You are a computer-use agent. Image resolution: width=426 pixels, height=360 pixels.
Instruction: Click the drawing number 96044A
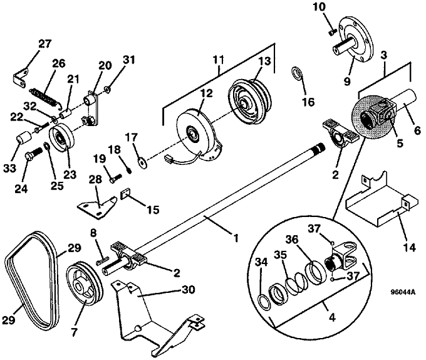tap(403, 292)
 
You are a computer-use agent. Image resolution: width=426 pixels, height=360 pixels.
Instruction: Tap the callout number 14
tap(410, 247)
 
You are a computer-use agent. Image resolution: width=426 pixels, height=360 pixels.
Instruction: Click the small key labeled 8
tap(102, 260)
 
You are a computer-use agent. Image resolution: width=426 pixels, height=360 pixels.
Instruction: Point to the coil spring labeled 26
tap(45, 96)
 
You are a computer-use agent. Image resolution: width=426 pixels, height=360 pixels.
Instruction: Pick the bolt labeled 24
tap(33, 153)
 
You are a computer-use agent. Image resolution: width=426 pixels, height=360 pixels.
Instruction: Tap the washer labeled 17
tap(142, 162)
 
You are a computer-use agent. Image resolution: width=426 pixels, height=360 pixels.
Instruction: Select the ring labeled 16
tap(296, 72)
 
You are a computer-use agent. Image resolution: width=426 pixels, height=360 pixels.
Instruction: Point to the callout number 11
tap(219, 60)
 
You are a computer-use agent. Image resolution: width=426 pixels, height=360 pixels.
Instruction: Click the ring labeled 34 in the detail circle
tap(264, 302)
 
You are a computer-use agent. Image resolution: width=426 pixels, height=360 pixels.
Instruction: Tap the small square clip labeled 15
tap(125, 194)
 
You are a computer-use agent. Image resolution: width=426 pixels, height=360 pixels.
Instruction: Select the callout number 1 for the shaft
tap(236, 238)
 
